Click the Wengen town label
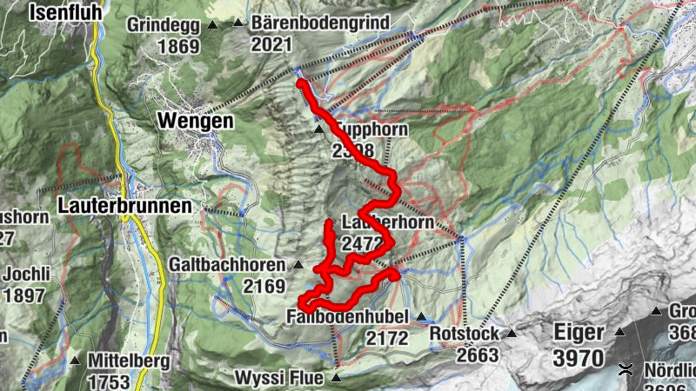coord(196,121)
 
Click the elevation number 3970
coord(578,356)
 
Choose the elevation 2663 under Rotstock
coord(477,355)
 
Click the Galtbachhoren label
coord(230,263)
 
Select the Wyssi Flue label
coord(279,378)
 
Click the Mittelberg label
coord(126,361)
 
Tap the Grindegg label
coord(164,24)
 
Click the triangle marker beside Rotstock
coord(512,334)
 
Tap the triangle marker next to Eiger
coord(620,331)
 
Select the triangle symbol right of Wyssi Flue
coord(336,378)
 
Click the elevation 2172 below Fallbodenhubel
coord(387,338)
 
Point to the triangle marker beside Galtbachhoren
coord(298,264)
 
